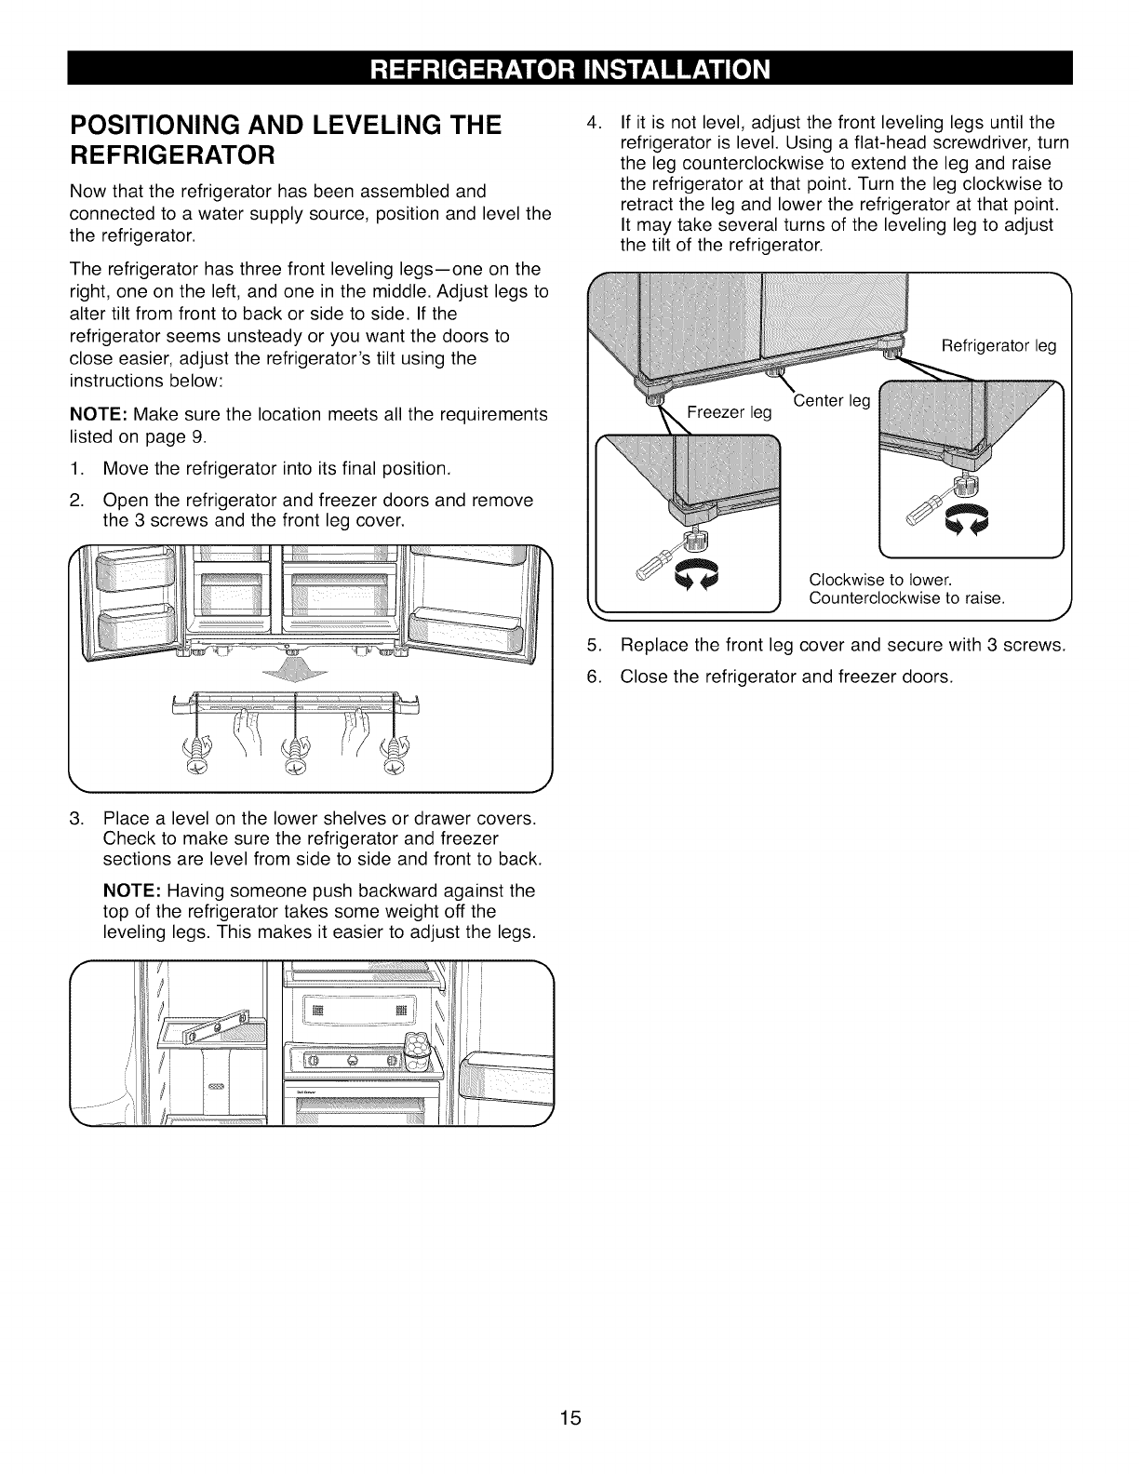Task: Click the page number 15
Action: click(570, 1418)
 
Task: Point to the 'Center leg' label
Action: click(831, 402)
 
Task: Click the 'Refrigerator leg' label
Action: click(998, 346)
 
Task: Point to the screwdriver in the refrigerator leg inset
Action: click(927, 508)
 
